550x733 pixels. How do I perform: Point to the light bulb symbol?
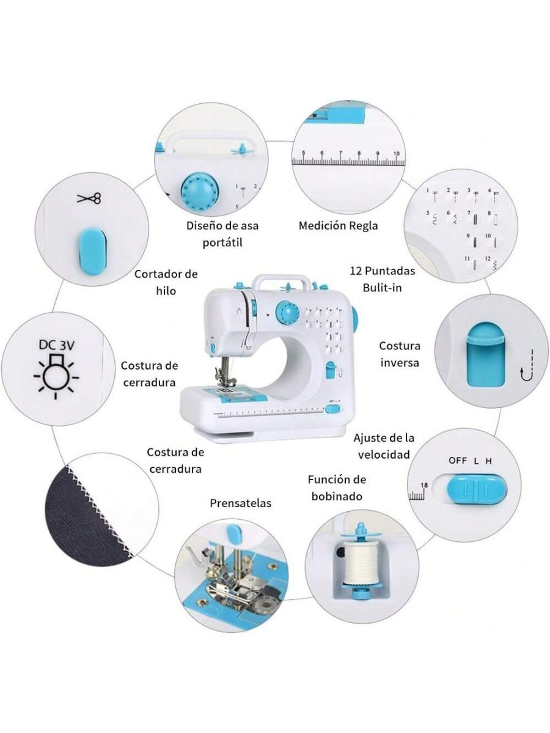57,374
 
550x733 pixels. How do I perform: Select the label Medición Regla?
338,225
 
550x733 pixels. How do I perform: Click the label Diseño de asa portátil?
222,234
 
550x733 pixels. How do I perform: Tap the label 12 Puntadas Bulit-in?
383,279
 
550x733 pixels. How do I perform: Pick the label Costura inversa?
400,354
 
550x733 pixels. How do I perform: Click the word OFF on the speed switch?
458,461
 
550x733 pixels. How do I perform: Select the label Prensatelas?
240,503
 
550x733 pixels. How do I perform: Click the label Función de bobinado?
337,488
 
